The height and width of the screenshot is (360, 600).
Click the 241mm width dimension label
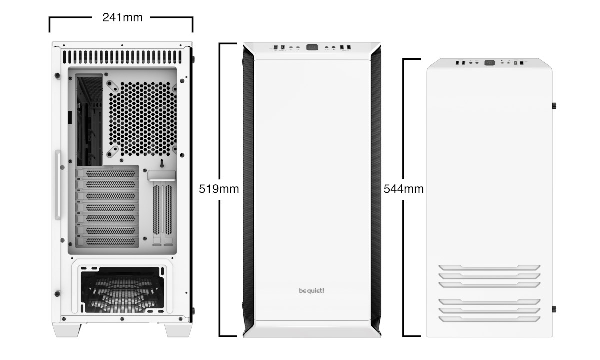[122, 18]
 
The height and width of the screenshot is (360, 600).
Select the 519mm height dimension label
[219, 189]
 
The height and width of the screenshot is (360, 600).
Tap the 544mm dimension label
[403, 189]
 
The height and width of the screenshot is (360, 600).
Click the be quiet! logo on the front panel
[311, 291]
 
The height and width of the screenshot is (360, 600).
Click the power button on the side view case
[489, 63]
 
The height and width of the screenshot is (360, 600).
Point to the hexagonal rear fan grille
[143, 119]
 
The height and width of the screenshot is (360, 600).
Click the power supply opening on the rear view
[122, 290]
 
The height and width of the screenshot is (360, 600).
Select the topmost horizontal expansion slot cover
[108, 173]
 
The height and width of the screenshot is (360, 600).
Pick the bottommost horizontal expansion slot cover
[108, 242]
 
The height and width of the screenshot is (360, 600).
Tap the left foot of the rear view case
[67, 330]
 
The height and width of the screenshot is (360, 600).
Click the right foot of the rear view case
[178, 330]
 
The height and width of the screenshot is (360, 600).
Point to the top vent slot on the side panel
[489, 267]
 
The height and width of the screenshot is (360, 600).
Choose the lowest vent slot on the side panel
[489, 319]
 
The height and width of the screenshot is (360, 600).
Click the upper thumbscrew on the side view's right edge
[554, 106]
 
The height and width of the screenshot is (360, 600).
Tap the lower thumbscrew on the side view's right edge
[554, 309]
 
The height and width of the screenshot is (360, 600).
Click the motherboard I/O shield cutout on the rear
[89, 119]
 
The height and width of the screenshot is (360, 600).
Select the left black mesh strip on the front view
[248, 189]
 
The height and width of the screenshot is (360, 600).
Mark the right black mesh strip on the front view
[376, 189]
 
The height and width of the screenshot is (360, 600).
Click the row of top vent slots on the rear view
[122, 57]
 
